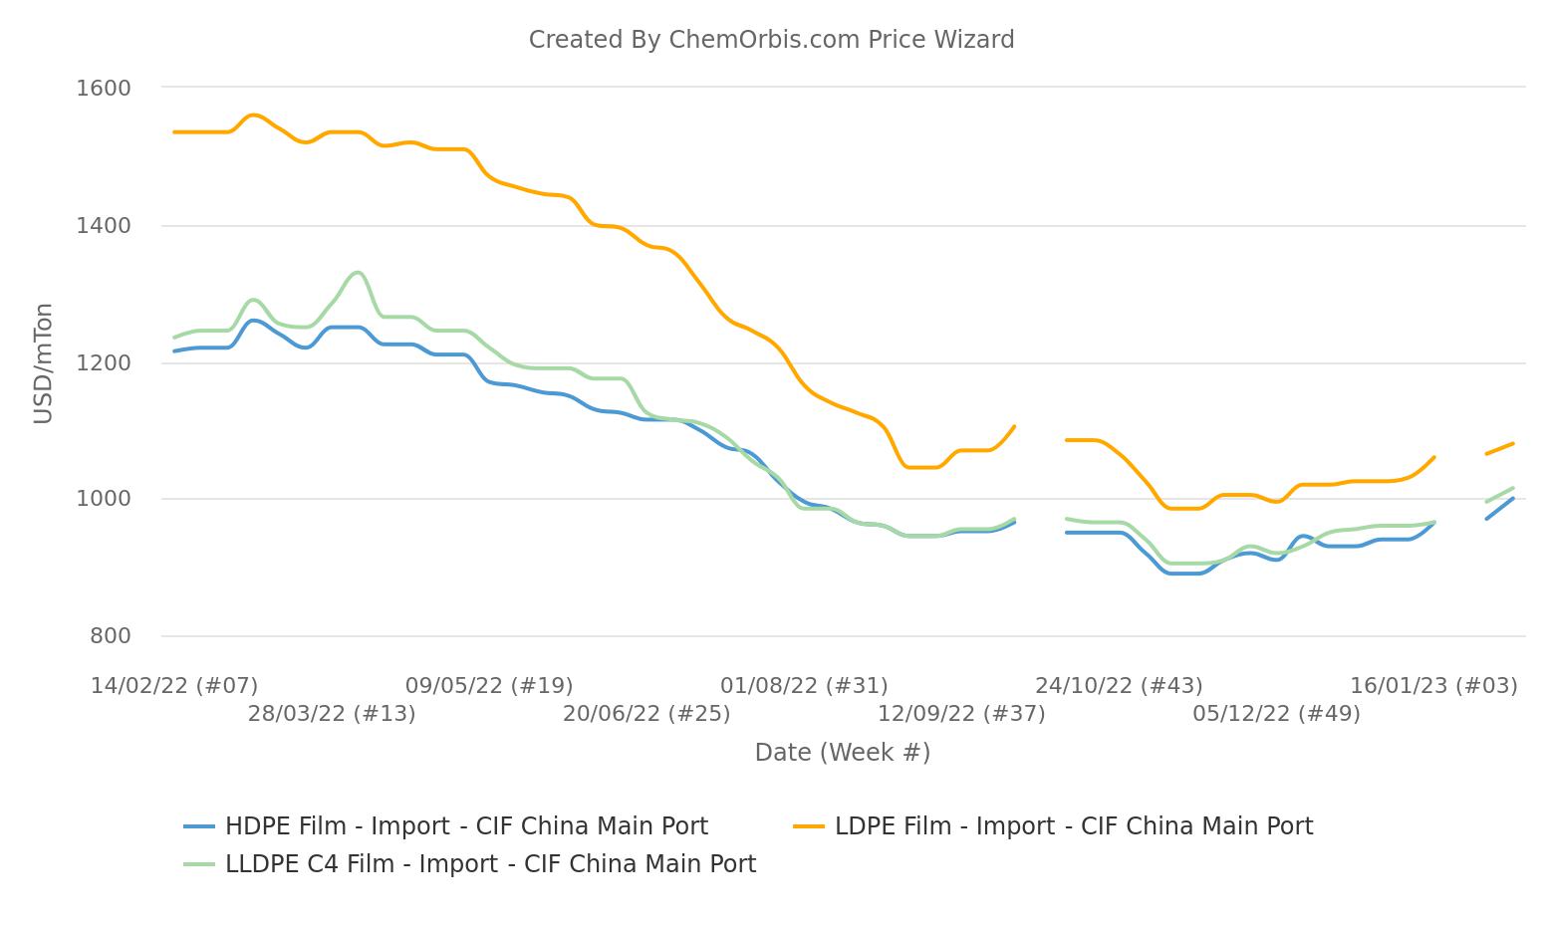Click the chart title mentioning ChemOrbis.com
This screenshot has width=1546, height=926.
coord(771,40)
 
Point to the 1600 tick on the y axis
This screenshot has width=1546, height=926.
coord(104,88)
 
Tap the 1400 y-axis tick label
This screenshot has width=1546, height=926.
coord(104,226)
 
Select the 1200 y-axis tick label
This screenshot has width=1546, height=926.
coord(104,363)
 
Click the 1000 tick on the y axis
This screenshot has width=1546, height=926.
coord(104,499)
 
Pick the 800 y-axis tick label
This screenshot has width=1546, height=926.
coord(110,636)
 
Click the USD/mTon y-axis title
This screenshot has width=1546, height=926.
coord(43,363)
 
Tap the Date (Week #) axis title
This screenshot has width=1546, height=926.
coord(842,753)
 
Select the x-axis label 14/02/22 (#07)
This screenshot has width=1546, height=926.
coord(174,686)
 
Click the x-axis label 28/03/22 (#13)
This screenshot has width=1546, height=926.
coord(332,714)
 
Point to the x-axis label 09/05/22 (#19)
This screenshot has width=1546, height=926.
coord(489,686)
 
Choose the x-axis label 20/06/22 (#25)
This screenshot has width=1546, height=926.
coord(646,714)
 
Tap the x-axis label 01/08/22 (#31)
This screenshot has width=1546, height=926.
coord(804,686)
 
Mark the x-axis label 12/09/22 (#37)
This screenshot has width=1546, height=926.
coord(961,714)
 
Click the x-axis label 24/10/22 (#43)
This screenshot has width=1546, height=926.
coord(1119,686)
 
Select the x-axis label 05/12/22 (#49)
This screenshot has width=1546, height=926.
coord(1276,714)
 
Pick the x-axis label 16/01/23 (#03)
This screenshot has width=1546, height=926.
coord(1433,686)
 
